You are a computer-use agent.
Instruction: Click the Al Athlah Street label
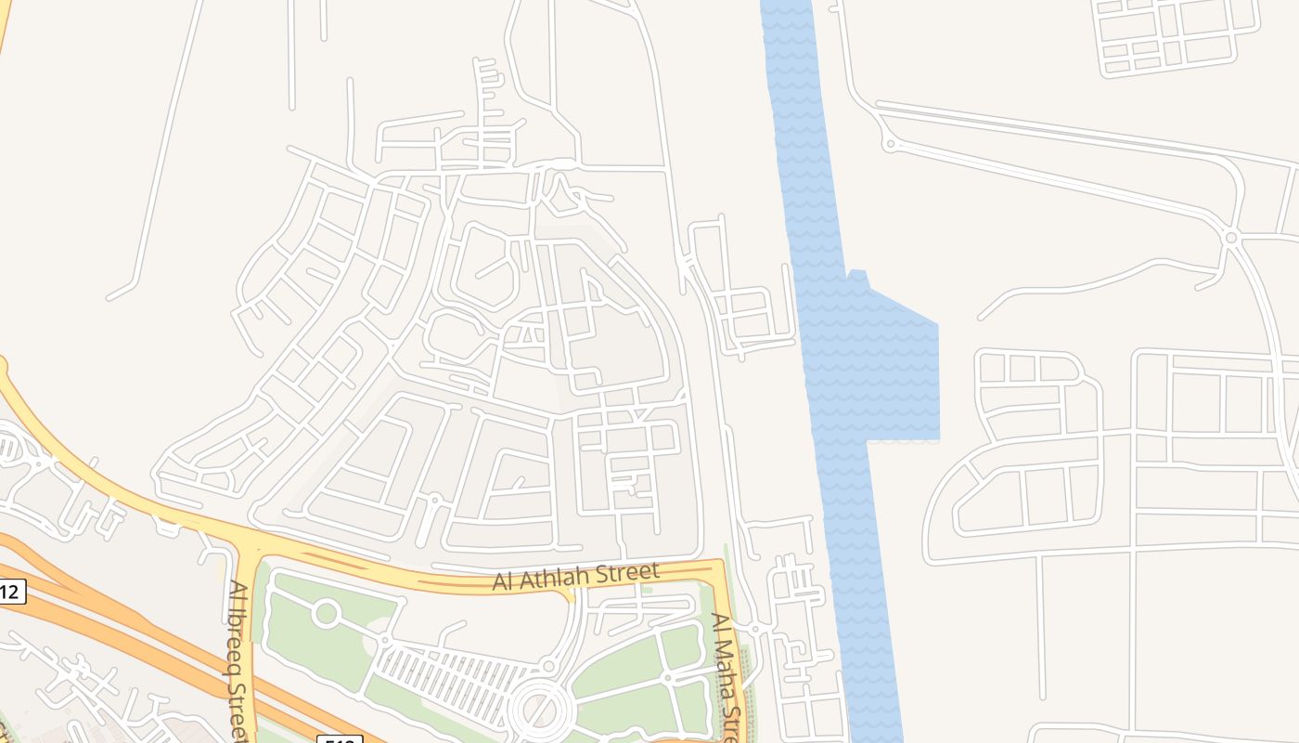[x=575, y=576]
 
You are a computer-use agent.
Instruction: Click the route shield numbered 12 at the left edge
[x=11, y=591]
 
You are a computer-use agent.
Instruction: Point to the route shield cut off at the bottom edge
[x=339, y=738]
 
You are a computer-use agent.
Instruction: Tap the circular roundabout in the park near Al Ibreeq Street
[x=326, y=613]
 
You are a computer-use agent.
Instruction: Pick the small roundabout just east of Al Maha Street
[x=755, y=629]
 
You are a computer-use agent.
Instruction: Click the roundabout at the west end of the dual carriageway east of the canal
[x=891, y=144]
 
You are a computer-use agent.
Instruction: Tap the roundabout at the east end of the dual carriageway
[x=1231, y=238]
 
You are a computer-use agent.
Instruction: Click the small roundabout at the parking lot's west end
[x=383, y=639]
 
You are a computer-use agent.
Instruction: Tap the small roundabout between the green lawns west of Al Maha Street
[x=667, y=679]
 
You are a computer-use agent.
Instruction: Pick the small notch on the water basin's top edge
[x=857, y=274]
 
